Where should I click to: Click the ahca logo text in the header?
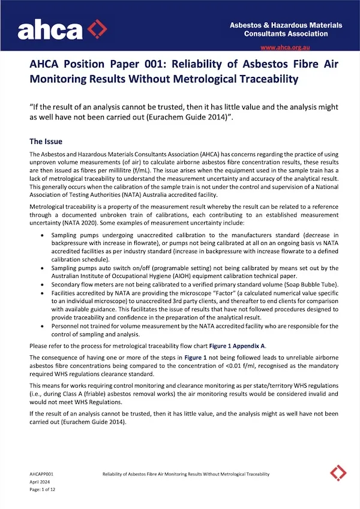pos(50,28)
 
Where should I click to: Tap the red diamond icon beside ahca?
pos(97,28)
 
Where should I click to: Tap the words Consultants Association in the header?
pos(286,34)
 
